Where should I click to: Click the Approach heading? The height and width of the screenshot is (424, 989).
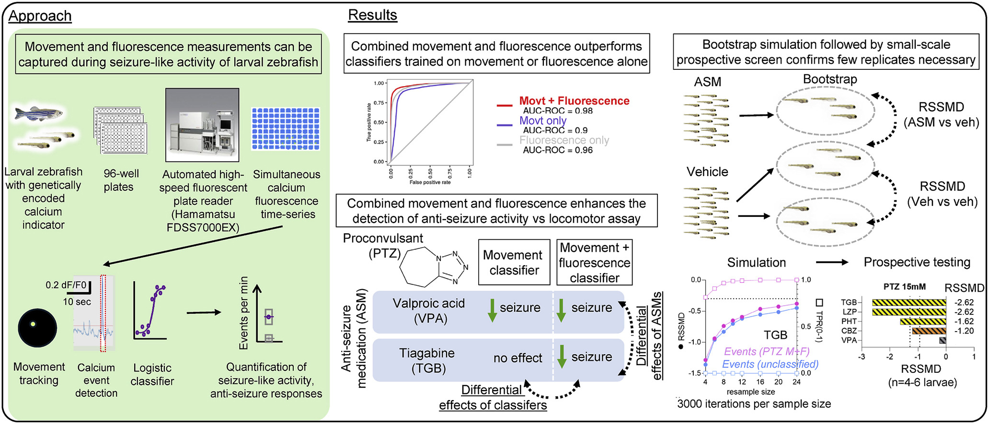tap(40, 16)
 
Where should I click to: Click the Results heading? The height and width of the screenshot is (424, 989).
tap(372, 15)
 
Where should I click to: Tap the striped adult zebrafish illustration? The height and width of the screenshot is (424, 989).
tap(38, 114)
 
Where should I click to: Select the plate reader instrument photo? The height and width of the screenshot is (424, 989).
tap(202, 125)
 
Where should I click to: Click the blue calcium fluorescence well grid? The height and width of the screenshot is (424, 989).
tap(286, 129)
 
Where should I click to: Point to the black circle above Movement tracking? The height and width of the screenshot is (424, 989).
tap(37, 328)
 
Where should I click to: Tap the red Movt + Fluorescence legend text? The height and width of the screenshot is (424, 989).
tap(574, 101)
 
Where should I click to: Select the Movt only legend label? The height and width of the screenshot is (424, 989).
tap(542, 121)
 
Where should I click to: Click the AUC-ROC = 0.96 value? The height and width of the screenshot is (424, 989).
tap(557, 150)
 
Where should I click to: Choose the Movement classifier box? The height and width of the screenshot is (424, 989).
tap(514, 263)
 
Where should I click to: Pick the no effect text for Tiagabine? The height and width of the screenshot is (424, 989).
tap(517, 358)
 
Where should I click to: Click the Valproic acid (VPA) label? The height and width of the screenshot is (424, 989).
tap(429, 311)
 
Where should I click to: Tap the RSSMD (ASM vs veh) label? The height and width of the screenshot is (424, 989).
tap(941, 115)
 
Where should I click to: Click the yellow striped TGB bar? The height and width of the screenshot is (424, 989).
tap(908, 302)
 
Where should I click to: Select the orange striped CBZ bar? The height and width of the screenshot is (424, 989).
tap(929, 331)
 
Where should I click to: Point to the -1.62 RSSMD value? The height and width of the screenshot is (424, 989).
tap(964, 322)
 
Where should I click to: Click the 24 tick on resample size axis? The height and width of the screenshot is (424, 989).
tap(796, 382)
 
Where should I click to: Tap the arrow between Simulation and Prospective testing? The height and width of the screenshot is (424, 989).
tap(832, 262)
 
